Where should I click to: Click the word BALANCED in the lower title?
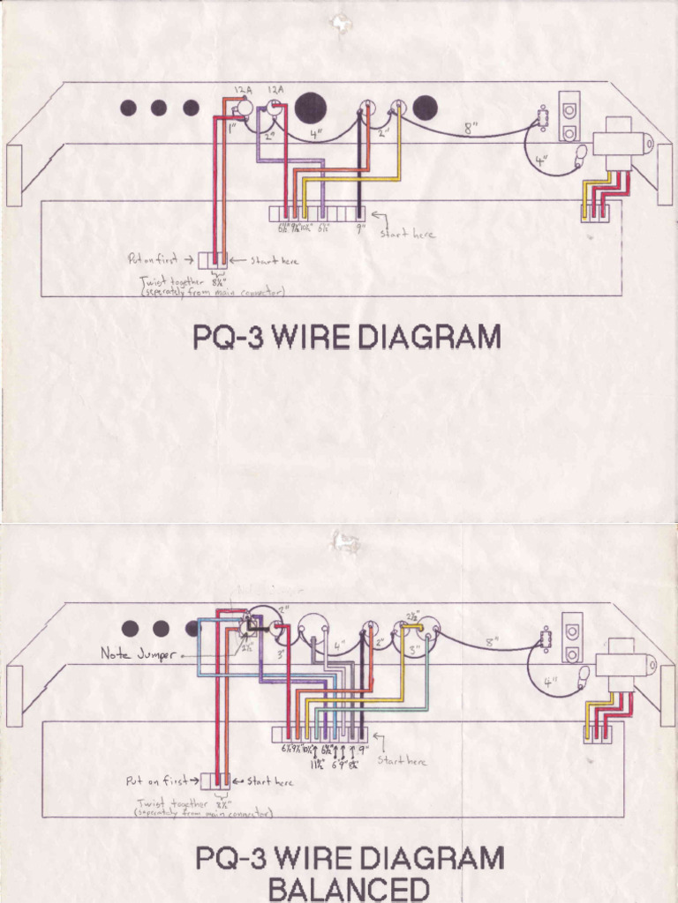[349, 888]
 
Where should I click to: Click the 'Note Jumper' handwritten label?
[138, 654]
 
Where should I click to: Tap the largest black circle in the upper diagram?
[311, 108]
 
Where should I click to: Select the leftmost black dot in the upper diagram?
[128, 108]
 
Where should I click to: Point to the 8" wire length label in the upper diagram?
[471, 128]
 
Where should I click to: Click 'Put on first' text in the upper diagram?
[153, 260]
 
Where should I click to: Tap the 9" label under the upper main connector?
[360, 228]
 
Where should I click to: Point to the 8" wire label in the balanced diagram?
[492, 643]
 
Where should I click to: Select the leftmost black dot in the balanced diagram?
[131, 629]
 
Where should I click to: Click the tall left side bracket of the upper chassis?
[14, 175]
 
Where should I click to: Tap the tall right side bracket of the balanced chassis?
[667, 696]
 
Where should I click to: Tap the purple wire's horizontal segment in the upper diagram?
[291, 160]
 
